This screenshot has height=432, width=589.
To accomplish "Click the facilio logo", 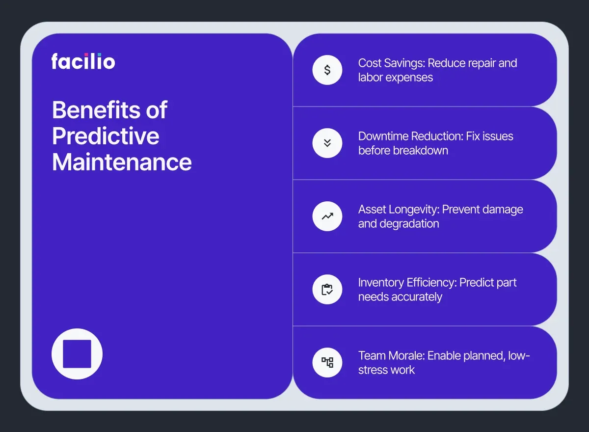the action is (83, 61).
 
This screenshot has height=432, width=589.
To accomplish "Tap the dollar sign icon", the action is (327, 70).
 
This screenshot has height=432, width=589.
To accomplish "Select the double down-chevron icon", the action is (327, 143).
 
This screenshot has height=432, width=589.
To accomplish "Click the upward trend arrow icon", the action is (327, 216).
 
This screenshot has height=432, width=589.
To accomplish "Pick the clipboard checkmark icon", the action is (327, 289).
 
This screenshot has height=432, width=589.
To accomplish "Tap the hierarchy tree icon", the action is (327, 362).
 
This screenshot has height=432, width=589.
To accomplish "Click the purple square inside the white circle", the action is (77, 353).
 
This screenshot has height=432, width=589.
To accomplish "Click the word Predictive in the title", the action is (106, 136).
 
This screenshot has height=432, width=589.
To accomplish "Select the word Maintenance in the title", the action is (122, 162).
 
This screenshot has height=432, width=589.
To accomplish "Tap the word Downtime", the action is (383, 136).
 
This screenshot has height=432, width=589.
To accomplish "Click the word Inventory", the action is (381, 282).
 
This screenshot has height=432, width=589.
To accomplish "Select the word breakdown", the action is (421, 150).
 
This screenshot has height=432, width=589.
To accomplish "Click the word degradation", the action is (409, 224).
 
